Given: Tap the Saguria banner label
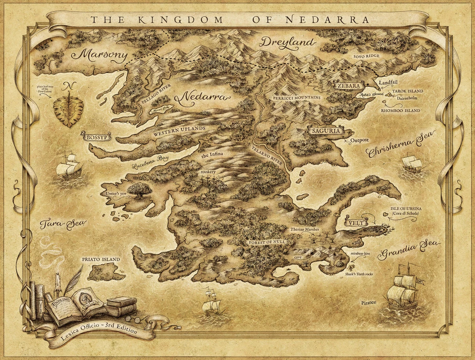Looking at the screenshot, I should pyautogui.click(x=324, y=131).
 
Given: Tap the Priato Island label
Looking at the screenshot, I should pyautogui.click(x=101, y=260).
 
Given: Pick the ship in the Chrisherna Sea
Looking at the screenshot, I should pyautogui.click(x=412, y=164).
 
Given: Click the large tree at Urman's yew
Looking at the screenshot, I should pyautogui.click(x=139, y=190).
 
